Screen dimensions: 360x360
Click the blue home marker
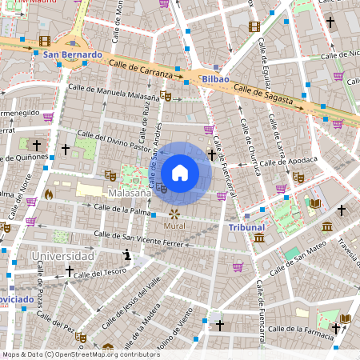click(180, 173)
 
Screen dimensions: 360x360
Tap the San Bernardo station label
click(72, 55)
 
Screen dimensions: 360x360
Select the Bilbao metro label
click(216, 80)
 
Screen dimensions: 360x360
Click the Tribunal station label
click(246, 228)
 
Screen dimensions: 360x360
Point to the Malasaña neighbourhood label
click(130, 194)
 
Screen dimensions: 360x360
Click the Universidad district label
click(62, 256)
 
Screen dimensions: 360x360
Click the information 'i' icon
click(126, 255)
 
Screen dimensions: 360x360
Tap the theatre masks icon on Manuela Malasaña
click(166, 95)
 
